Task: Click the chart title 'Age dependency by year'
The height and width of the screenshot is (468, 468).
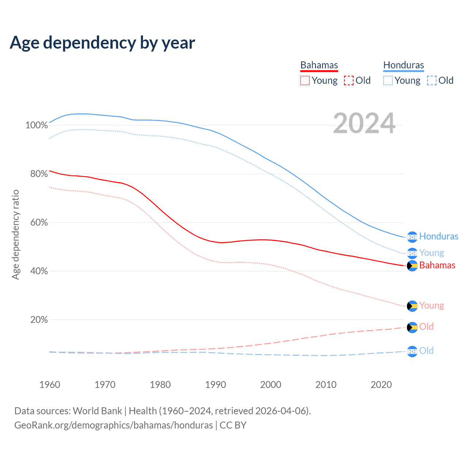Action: [x=102, y=42]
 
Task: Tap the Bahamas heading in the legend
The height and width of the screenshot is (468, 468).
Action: [x=319, y=65]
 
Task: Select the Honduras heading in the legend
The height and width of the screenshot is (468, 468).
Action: [x=404, y=65]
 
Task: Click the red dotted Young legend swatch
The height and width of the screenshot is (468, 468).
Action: [x=305, y=80]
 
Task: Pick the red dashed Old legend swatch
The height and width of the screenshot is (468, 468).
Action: [x=349, y=80]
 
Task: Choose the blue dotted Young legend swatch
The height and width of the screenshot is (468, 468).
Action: [x=388, y=80]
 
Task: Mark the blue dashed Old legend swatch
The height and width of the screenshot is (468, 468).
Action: [x=432, y=80]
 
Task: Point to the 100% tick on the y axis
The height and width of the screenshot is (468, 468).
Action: [x=36, y=125]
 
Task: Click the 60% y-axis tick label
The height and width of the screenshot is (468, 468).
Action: [x=39, y=223]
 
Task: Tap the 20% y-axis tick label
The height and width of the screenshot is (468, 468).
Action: [x=39, y=320]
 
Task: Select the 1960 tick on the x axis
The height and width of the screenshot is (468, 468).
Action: [x=50, y=385]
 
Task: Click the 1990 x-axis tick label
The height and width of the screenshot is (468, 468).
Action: [x=215, y=385]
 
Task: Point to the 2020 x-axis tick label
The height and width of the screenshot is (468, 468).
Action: [x=381, y=385]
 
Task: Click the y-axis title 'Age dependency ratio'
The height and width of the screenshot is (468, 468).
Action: [x=15, y=234]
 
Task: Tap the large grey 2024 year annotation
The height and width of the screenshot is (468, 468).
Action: [x=364, y=124]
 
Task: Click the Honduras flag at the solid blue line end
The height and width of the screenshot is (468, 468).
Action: [x=412, y=237]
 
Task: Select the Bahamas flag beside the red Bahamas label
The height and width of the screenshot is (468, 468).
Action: [x=412, y=266]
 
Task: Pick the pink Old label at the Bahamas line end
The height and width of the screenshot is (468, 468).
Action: [x=426, y=327]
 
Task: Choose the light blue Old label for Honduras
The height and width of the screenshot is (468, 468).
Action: [x=426, y=351]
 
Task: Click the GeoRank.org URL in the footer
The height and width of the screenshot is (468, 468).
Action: [x=113, y=425]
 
